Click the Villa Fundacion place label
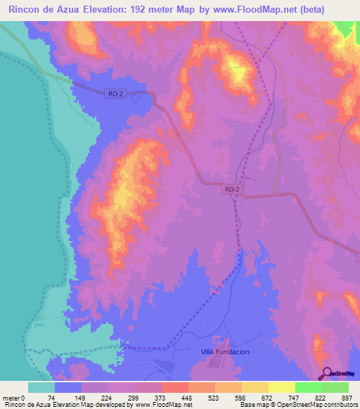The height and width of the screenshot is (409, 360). (x=225, y=351)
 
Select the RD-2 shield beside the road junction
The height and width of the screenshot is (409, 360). (x=233, y=189)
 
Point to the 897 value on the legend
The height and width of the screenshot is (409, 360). (x=348, y=397)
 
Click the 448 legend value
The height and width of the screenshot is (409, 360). (x=188, y=397)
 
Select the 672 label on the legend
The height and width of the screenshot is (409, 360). (x=268, y=397)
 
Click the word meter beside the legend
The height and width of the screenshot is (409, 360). (x=11, y=397)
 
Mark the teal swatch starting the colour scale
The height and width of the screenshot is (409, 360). (x=41, y=387)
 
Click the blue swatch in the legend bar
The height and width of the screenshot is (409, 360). (x=68, y=387)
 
